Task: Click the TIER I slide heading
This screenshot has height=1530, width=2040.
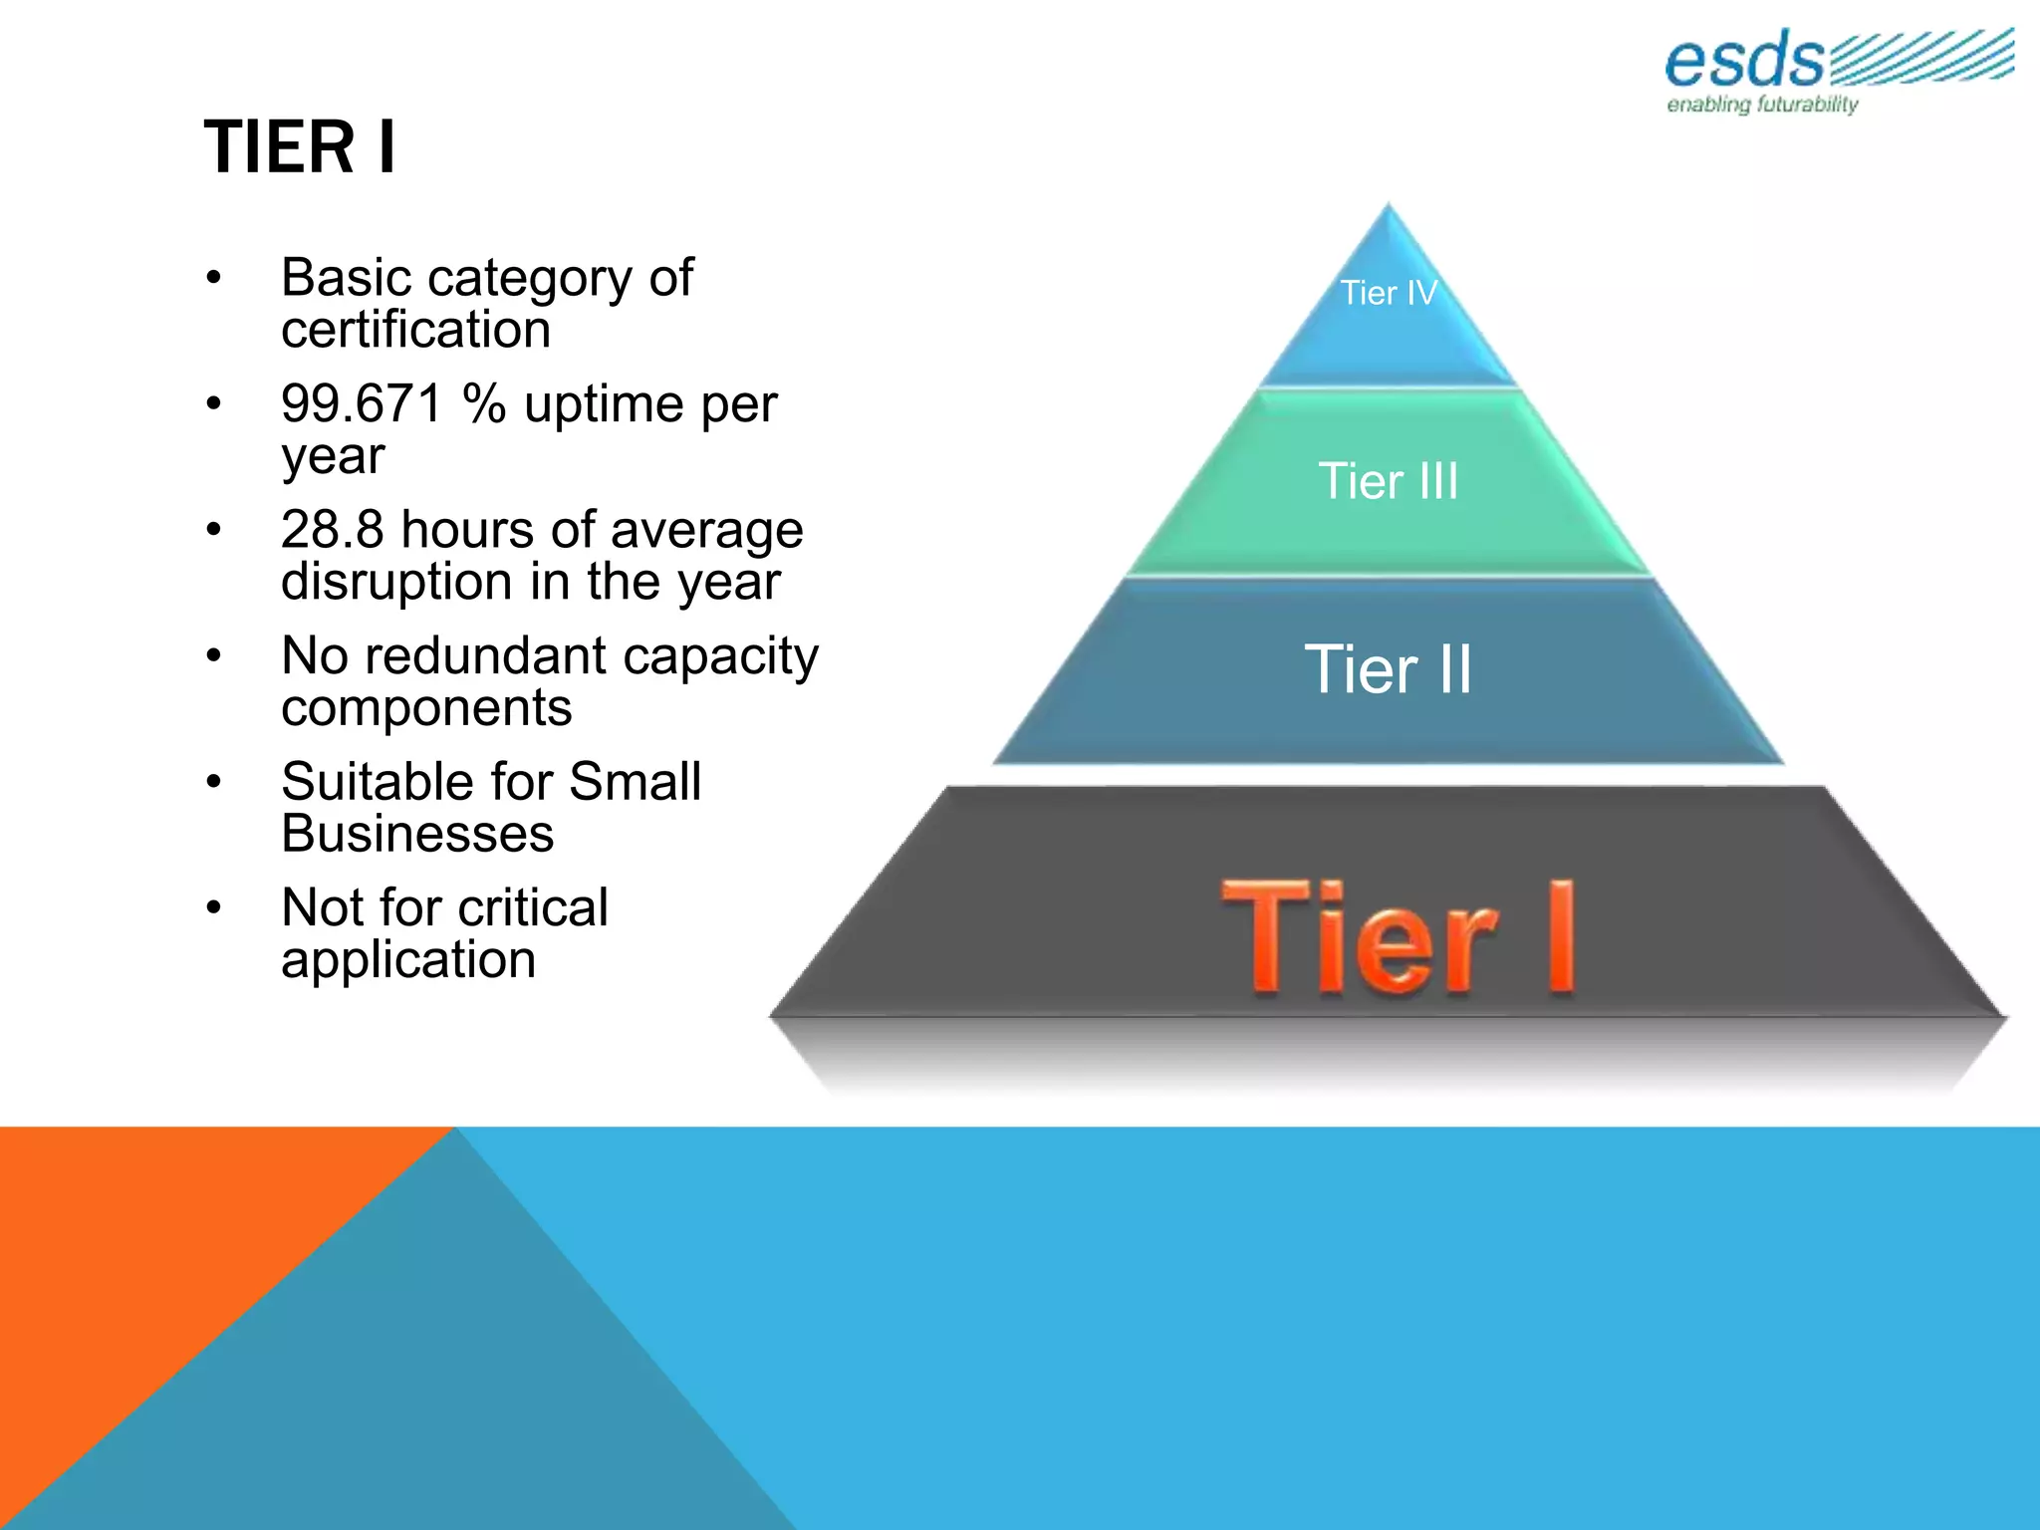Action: coord(300,147)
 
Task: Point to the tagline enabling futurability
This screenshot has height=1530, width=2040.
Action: coord(1762,105)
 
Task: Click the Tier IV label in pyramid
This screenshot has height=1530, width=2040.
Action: coord(1388,293)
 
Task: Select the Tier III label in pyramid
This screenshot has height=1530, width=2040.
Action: coord(1388,481)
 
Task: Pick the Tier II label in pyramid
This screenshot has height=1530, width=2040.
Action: coord(1388,668)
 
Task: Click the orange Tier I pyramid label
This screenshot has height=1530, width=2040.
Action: coord(1399,938)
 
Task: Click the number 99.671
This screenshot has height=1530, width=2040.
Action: coord(362,404)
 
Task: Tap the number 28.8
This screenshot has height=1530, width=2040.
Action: coord(332,530)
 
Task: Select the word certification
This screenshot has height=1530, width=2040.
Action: coord(415,330)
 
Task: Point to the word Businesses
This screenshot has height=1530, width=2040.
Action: coord(417,834)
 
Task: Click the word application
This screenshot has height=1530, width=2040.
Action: coord(408,960)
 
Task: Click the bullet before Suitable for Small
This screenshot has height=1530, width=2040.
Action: coord(213,782)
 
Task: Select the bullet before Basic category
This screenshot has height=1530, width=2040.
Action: coord(213,278)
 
